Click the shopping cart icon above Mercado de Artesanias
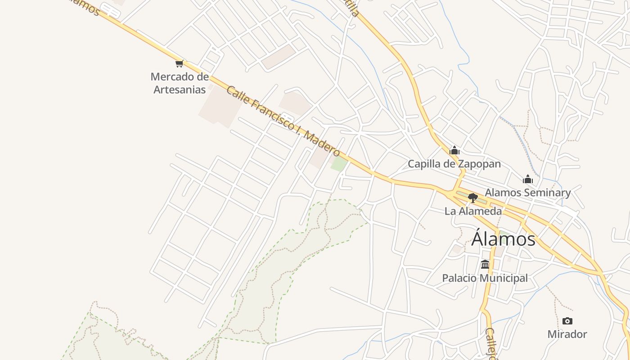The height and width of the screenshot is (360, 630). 180,63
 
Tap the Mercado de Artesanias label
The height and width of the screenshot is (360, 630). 180,83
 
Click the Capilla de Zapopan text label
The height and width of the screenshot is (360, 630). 454,164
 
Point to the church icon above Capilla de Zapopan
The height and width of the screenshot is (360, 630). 454,150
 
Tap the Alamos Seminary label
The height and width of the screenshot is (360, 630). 527,193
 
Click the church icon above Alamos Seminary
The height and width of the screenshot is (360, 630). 528,180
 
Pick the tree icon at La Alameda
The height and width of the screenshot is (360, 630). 472,198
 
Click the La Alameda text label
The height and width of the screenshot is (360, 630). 473,211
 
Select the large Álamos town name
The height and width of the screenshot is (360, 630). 504,238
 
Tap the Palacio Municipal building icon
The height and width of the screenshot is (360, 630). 485,265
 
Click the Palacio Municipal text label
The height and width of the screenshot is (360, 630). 485,278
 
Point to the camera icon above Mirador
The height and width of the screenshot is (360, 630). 567,321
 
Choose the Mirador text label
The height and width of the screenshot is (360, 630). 567,334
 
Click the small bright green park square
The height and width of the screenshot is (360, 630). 339,164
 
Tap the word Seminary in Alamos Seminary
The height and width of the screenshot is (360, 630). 548,193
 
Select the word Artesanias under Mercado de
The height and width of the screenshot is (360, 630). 180,90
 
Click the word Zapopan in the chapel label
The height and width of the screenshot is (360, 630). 480,164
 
